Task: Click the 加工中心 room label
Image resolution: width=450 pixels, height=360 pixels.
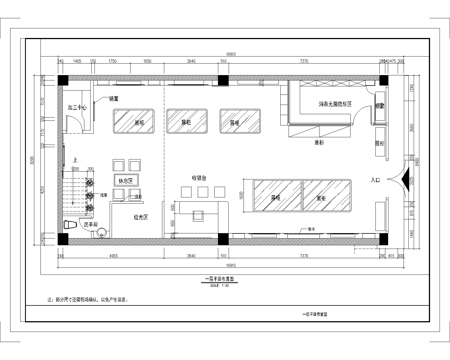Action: tap(75, 105)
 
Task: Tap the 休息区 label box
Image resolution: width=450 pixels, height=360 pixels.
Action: tap(125, 180)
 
